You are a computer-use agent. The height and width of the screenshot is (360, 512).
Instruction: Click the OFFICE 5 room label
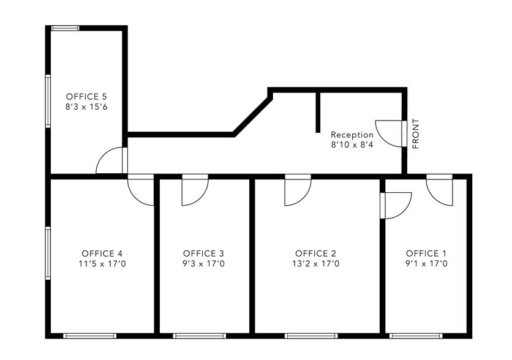tap(86, 97)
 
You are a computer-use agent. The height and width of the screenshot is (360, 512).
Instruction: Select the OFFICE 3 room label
tap(204, 253)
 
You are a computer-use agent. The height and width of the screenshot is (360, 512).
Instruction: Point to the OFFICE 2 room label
tap(316, 253)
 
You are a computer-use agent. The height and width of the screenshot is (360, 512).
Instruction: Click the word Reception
tap(352, 135)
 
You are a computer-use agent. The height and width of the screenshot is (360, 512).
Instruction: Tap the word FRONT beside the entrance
tap(416, 133)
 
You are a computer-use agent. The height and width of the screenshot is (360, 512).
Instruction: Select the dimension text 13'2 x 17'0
tap(316, 264)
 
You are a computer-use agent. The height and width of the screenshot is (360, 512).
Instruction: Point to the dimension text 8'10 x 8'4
tap(352, 146)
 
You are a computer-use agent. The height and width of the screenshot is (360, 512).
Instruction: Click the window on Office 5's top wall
tap(65, 28)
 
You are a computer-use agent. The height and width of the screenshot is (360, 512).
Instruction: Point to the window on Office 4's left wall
tap(48, 253)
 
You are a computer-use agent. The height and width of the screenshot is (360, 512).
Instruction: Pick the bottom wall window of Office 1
tap(416, 336)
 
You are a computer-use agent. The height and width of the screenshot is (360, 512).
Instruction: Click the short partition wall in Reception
tap(318, 111)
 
